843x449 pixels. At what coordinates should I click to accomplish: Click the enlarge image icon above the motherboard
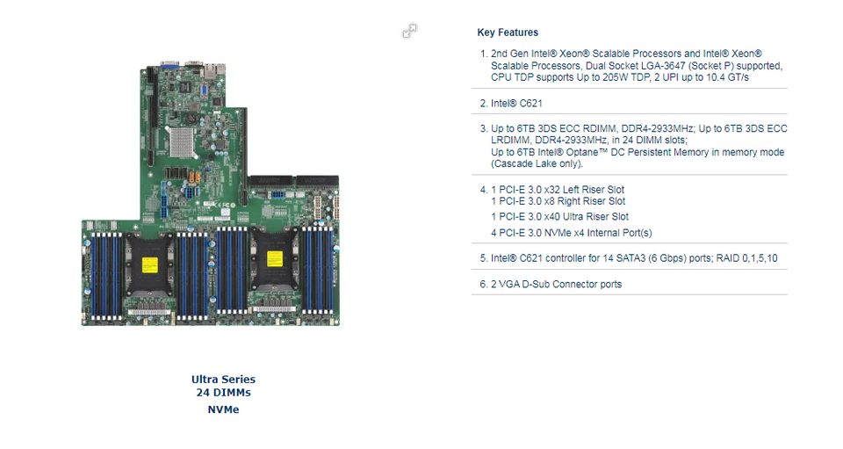(409, 32)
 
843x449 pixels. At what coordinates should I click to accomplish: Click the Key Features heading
(508, 33)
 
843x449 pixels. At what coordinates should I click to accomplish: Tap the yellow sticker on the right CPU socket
(273, 259)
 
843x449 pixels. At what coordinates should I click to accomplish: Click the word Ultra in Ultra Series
(205, 380)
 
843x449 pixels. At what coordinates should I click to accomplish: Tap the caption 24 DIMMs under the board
(223, 393)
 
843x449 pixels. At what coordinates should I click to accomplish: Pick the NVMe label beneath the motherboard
(223, 409)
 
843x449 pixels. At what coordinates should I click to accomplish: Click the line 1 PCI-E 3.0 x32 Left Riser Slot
(558, 190)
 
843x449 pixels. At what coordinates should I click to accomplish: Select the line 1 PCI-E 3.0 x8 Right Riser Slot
(558, 201)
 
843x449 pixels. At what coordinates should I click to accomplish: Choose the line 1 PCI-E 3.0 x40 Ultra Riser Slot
(559, 216)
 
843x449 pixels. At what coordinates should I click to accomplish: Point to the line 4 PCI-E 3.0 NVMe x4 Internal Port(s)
(571, 233)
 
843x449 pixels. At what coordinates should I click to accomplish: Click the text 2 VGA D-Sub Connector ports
(557, 284)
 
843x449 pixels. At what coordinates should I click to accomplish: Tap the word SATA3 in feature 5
(643, 258)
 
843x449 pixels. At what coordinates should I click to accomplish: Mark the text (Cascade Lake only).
(537, 163)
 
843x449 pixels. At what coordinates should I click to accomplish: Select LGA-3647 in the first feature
(688, 66)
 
